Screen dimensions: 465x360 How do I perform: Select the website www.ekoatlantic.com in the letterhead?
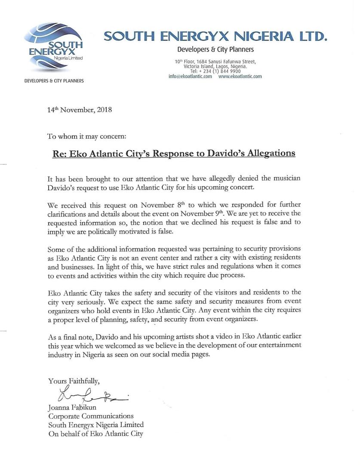pos(240,76)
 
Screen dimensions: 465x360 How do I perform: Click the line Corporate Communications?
pos(91,416)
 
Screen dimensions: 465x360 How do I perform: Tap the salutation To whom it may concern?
pos(87,136)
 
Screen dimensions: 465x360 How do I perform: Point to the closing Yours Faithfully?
pos(74,381)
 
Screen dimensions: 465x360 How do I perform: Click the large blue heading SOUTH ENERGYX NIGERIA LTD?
pos(215,37)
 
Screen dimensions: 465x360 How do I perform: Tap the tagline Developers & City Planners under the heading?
pos(215,50)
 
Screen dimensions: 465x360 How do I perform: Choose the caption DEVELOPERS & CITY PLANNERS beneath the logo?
pos(54,81)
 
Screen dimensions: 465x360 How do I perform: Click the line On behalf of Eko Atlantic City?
pos(95,434)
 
